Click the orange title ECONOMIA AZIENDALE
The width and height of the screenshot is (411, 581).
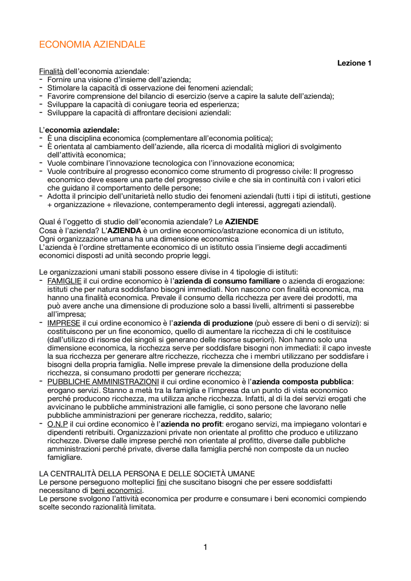click(92, 44)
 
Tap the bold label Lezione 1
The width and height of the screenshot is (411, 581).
click(354, 63)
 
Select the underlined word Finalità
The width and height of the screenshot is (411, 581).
click(51, 71)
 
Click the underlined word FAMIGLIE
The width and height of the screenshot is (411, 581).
click(64, 281)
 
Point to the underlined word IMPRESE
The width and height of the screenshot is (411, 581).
click(64, 323)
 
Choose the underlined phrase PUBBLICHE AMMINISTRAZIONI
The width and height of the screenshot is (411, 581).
click(103, 382)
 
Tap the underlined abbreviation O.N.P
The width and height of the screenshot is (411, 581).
click(57, 424)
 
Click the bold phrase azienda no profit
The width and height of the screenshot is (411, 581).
click(191, 424)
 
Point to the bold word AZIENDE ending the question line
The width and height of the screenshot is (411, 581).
click(241, 222)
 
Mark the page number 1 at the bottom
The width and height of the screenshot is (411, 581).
click(205, 547)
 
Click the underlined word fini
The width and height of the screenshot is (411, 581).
click(162, 482)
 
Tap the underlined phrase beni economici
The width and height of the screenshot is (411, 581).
click(116, 491)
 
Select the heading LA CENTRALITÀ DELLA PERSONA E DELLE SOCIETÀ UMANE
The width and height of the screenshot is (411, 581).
click(147, 474)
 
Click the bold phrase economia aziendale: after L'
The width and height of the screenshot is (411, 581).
click(82, 130)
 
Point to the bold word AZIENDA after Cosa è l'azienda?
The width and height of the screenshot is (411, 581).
click(124, 231)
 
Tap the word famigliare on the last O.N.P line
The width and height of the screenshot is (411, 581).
click(65, 457)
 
